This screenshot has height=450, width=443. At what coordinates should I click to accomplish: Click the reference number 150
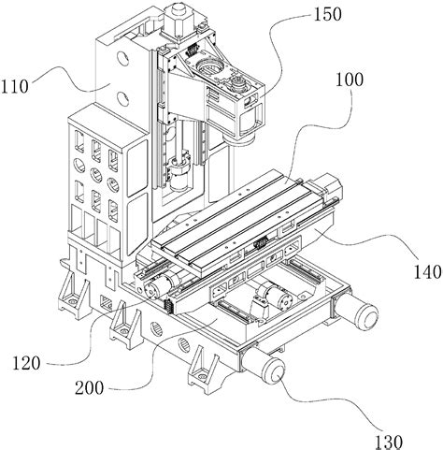coord(327,15)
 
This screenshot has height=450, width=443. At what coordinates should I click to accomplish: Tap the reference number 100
coord(349,80)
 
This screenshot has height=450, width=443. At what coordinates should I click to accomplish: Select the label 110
coord(14,86)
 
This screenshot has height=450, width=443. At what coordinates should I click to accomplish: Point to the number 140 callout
coord(428,272)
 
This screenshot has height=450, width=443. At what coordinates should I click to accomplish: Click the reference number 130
coord(388,442)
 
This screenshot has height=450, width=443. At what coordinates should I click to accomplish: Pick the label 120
coord(26,363)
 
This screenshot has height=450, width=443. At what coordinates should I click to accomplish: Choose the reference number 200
coord(89,388)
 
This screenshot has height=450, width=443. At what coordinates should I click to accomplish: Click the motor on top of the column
coord(177,21)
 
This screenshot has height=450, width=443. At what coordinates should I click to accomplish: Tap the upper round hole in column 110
coord(122,58)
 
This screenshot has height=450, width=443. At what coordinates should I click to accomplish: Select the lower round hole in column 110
coord(122,97)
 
